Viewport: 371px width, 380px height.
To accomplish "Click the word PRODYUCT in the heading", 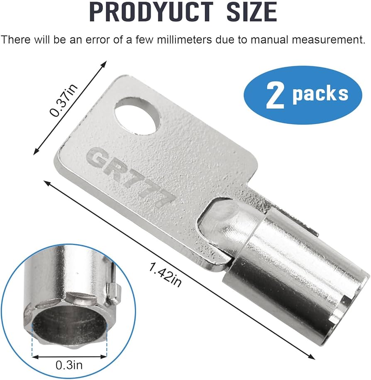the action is (151, 11).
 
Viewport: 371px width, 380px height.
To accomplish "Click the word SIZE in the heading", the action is (252, 11).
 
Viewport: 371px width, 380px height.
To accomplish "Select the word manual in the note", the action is (269, 39).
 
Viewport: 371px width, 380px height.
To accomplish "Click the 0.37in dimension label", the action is (63, 100).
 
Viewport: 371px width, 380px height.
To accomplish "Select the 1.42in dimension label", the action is (165, 275).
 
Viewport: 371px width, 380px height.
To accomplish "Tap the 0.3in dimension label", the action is (69, 365).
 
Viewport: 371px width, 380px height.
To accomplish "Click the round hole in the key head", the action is (137, 115).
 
